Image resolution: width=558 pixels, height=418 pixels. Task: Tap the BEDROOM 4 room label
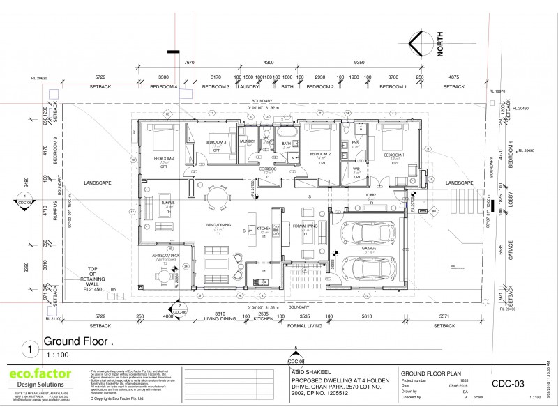(168, 159)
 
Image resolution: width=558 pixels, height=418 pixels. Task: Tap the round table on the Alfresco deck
(163, 277)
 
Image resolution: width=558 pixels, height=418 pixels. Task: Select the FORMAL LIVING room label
(306, 229)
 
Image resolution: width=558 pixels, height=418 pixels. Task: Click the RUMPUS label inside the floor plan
(167, 203)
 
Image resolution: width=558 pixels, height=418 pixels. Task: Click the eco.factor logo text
(40, 375)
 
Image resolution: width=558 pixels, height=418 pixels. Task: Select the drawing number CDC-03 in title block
(508, 382)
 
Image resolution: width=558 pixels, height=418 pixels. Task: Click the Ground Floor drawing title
(77, 341)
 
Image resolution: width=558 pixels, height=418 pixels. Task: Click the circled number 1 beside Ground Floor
(29, 347)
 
